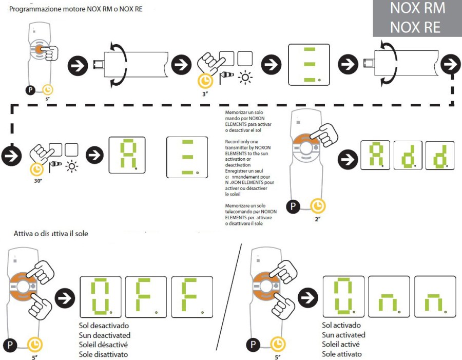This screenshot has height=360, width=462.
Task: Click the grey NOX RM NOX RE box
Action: coord(417,18)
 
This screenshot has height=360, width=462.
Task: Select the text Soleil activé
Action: coord(341,344)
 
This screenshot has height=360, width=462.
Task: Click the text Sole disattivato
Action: coord(103,354)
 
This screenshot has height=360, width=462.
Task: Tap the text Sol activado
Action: coord(341,325)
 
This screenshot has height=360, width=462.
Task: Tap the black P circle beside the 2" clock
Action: coord(293,207)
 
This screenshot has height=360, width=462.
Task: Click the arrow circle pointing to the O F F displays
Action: coord(64,297)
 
